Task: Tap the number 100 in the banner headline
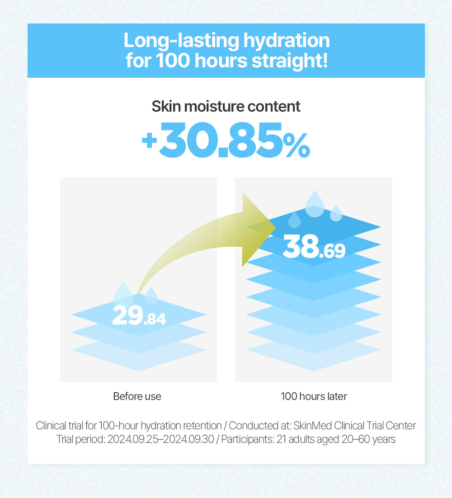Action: click(x=172, y=61)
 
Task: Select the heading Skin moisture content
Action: click(x=226, y=106)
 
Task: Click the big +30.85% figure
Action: click(x=226, y=140)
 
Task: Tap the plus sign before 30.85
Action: click(x=149, y=141)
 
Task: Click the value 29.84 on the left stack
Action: click(x=139, y=315)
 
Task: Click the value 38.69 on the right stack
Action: click(x=314, y=246)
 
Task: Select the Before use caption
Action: click(x=137, y=396)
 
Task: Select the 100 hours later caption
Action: click(x=314, y=396)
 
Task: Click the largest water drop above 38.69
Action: click(x=315, y=205)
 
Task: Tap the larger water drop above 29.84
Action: click(x=123, y=294)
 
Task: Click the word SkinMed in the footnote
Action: click(x=313, y=426)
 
